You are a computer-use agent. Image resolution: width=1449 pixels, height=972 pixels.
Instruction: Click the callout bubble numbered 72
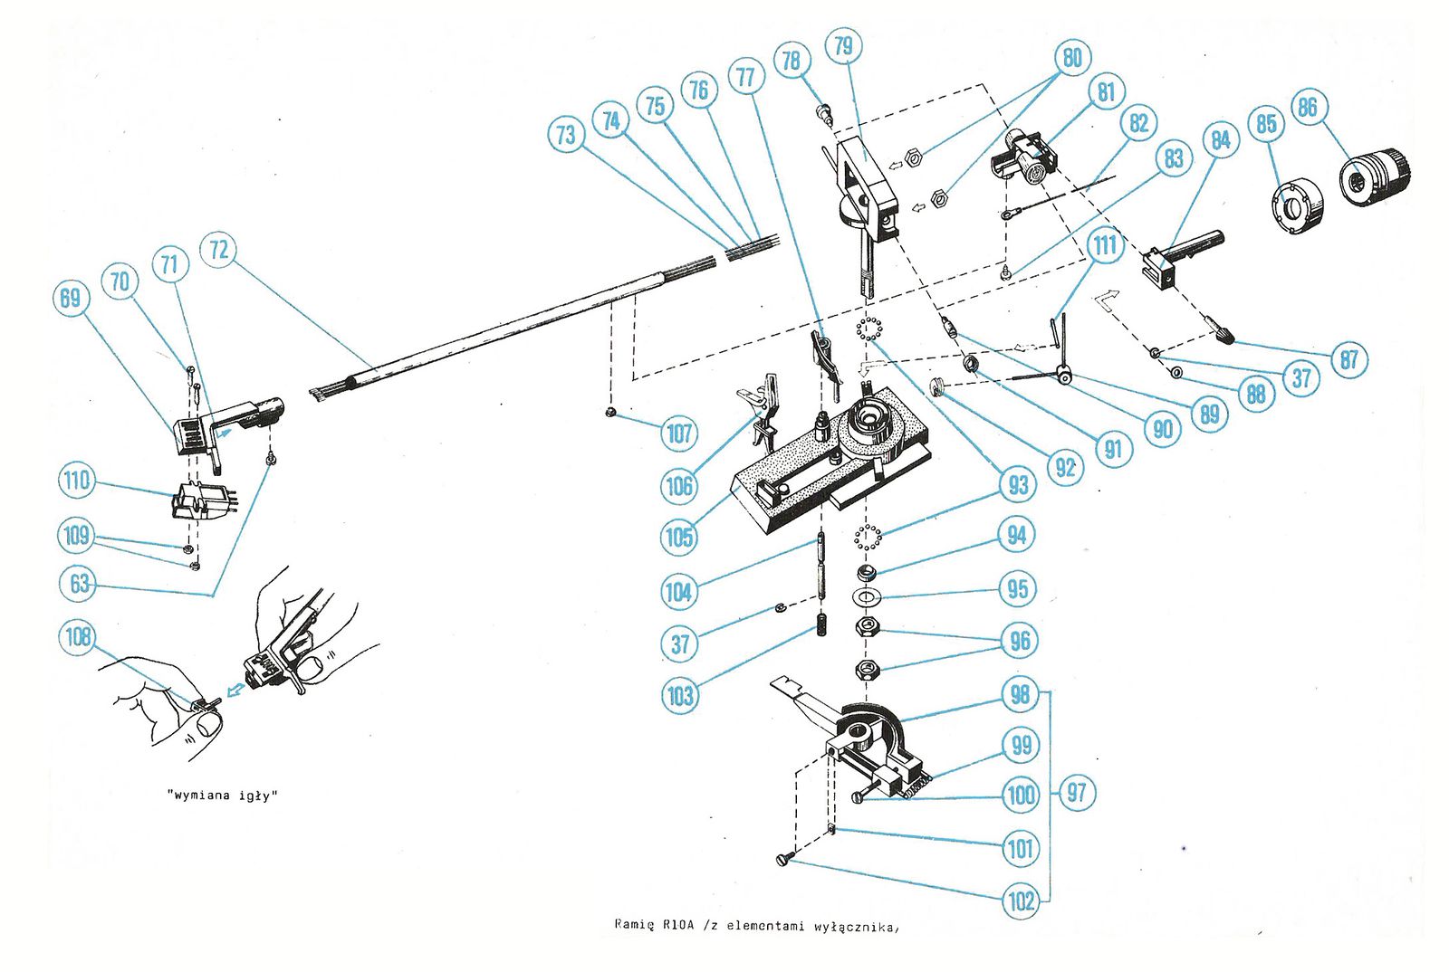219,250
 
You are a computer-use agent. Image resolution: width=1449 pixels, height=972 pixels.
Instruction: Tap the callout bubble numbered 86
1307,108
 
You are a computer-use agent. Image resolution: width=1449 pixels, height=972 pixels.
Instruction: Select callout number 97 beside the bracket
1076,793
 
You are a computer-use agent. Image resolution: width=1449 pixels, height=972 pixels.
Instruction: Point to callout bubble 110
77,480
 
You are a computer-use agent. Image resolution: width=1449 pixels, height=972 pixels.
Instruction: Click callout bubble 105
679,537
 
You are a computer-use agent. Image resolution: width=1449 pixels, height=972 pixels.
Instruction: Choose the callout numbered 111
1105,245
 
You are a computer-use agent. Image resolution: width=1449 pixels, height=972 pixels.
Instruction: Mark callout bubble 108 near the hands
78,636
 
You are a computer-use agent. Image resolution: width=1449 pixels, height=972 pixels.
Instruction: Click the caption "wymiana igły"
223,796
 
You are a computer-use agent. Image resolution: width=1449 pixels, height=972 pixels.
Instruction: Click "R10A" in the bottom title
678,925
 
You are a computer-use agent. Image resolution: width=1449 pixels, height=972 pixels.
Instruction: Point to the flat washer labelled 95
867,597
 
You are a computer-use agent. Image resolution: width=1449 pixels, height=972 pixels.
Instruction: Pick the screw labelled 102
786,859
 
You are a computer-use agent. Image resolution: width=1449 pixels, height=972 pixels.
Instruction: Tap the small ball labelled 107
611,413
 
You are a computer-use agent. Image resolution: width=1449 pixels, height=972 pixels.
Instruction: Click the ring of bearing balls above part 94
868,537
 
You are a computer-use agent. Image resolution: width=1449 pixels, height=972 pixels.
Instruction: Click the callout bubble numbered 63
80,583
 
